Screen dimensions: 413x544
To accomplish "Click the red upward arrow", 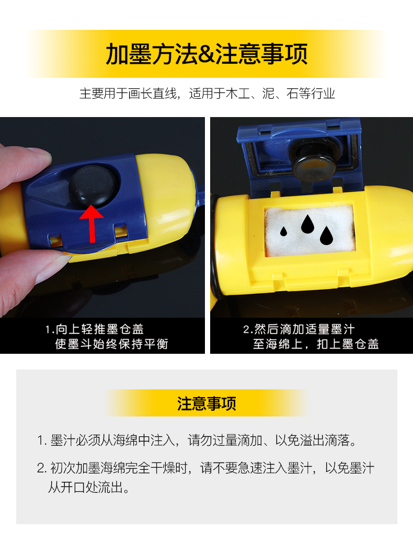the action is tap(91, 224).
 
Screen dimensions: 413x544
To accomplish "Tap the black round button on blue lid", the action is tap(93, 186).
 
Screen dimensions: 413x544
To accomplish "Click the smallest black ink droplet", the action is tap(283, 232).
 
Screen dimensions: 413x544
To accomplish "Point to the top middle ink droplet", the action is tap(307, 224).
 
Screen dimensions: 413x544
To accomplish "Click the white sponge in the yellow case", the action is tap(309, 230).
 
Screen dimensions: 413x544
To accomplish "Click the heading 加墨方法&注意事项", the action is tap(206, 54).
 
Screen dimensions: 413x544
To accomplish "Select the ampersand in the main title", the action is tap(207, 54).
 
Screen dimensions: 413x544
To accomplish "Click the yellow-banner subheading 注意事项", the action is tap(206, 403).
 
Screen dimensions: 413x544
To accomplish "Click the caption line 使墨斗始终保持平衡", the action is tap(111, 344).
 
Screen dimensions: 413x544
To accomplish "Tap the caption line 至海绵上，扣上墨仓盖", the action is tap(316, 344).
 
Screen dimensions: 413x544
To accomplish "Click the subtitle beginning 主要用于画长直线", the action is tap(207, 94).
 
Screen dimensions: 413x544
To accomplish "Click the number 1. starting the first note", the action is tap(42, 441).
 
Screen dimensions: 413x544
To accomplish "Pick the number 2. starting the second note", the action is tap(42, 468).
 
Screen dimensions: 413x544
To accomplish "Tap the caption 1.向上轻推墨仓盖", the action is tap(95, 329).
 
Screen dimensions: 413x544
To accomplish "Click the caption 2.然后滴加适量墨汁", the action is tap(299, 329).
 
